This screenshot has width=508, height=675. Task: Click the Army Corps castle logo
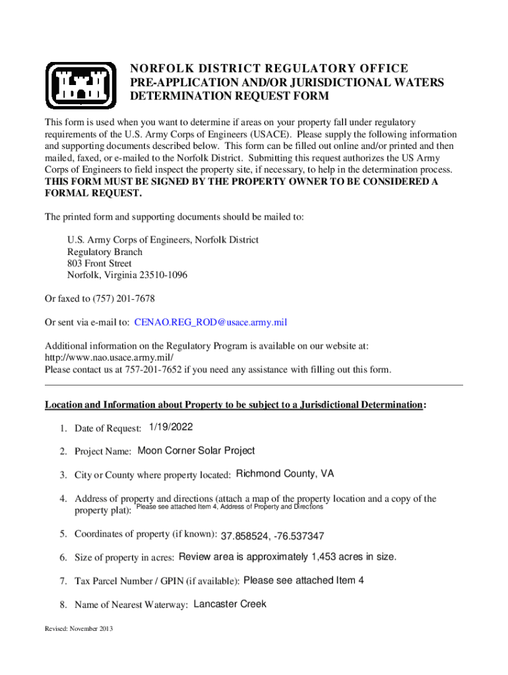click(80, 86)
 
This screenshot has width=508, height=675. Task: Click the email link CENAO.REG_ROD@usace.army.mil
click(210, 322)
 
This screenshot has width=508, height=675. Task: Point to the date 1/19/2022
click(171, 427)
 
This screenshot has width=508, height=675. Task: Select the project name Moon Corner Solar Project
click(196, 451)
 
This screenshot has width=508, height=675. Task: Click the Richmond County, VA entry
click(285, 474)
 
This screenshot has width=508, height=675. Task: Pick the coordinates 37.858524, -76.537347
click(272, 535)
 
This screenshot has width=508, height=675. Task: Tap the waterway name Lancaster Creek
click(230, 604)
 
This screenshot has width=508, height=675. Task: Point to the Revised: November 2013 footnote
click(79, 629)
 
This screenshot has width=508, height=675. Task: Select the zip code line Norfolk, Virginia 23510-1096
click(127, 276)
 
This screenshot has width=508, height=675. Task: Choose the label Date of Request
click(108, 429)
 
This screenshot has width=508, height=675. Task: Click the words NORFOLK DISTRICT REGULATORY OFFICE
click(269, 69)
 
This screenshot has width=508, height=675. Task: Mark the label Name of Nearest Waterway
click(132, 605)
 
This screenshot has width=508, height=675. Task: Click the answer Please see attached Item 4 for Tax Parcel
click(303, 581)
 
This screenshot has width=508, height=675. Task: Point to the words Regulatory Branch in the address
click(105, 252)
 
